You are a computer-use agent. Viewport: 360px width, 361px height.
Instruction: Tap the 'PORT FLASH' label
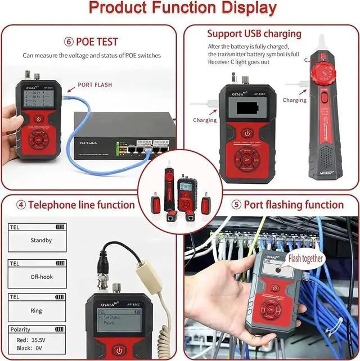(96, 85)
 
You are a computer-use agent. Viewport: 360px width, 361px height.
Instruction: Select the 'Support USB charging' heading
(254, 34)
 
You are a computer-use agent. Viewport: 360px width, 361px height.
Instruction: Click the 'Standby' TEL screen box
(40, 240)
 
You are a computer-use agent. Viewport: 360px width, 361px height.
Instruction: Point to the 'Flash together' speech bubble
(305, 258)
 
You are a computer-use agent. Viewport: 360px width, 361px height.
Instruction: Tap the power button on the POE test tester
(38, 119)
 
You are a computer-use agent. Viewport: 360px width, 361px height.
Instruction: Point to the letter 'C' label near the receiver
(307, 60)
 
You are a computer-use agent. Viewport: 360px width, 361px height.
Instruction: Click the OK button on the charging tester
(246, 159)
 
